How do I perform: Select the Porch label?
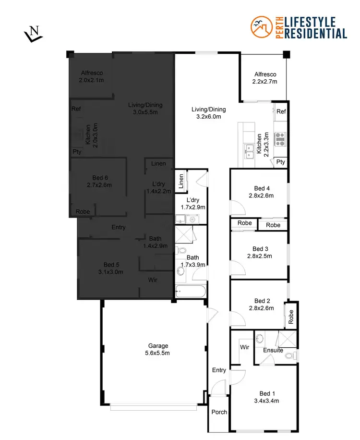(219, 412)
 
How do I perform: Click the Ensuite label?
(273, 350)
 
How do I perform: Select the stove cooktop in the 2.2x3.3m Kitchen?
(280, 139)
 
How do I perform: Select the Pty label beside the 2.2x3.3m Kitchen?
(281, 162)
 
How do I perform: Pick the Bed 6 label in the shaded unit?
(99, 181)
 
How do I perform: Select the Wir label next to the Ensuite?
(244, 347)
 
